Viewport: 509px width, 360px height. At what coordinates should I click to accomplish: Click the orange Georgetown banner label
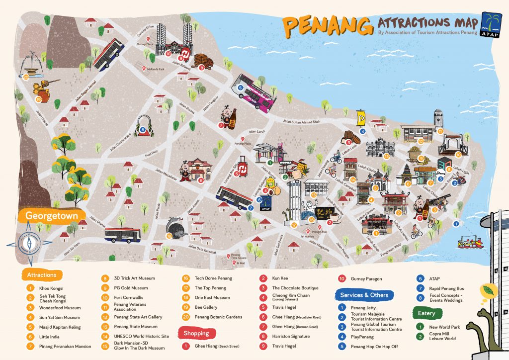pyautogui.click(x=50, y=216)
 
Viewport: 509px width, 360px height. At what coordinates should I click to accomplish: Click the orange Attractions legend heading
pyautogui.click(x=42, y=275)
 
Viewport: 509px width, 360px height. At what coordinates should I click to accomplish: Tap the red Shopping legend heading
pyautogui.click(x=196, y=333)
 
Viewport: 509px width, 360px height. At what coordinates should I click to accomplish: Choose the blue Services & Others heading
pyautogui.click(x=364, y=295)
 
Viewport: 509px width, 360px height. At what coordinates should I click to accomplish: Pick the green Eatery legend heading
pyautogui.click(x=427, y=313)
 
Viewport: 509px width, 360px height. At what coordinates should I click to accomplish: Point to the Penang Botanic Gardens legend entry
pyautogui.click(x=218, y=317)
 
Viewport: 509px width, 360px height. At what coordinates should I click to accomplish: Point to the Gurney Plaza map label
pyautogui.click(x=145, y=44)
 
